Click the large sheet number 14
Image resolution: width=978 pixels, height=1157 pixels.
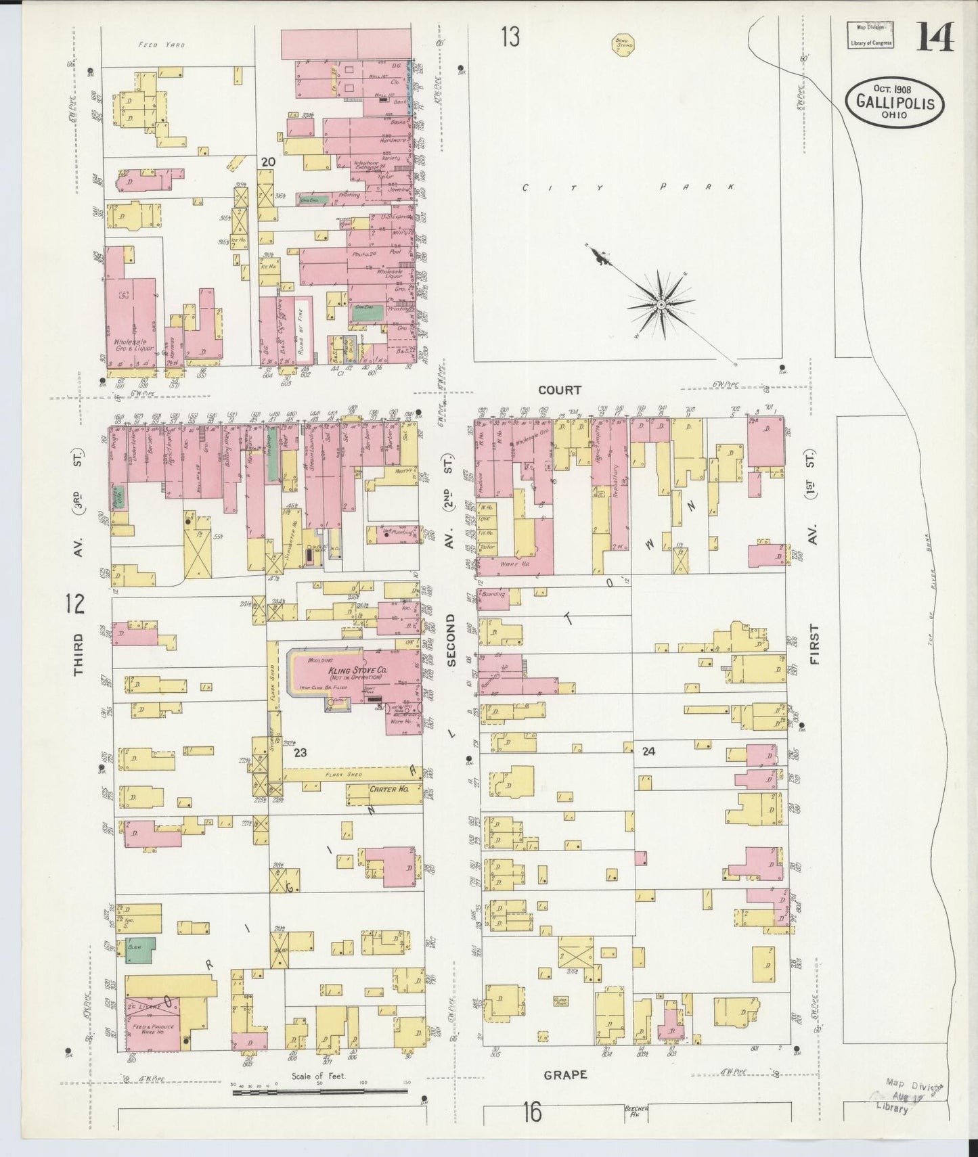(935, 37)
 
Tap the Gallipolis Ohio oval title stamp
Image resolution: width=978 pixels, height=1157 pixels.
(894, 102)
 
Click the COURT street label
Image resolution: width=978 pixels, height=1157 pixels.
(560, 390)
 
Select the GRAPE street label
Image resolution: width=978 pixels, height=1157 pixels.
(565, 1074)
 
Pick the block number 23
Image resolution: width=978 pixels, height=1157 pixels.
(300, 752)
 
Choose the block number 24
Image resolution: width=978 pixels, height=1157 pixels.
(648, 751)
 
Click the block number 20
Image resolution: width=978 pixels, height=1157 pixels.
(268, 162)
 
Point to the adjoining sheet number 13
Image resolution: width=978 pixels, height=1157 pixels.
(510, 37)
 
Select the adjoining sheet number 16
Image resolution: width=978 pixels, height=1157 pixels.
(532, 1112)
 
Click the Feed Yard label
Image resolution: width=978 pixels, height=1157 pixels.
(161, 45)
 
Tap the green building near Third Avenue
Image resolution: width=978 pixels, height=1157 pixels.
(141, 949)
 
